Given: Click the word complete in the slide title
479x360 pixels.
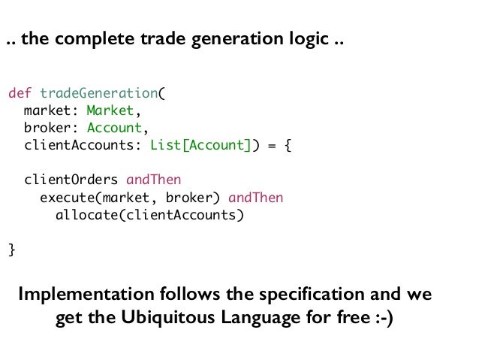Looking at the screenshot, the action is click(x=83, y=39).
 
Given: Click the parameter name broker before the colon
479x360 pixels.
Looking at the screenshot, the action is click(x=47, y=127).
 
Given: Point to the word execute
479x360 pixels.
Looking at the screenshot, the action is click(x=66, y=198).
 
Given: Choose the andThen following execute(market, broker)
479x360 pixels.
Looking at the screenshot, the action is click(x=256, y=198).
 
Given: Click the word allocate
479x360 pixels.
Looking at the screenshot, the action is click(x=86, y=215).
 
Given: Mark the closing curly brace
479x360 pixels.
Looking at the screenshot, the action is click(x=11, y=250).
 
